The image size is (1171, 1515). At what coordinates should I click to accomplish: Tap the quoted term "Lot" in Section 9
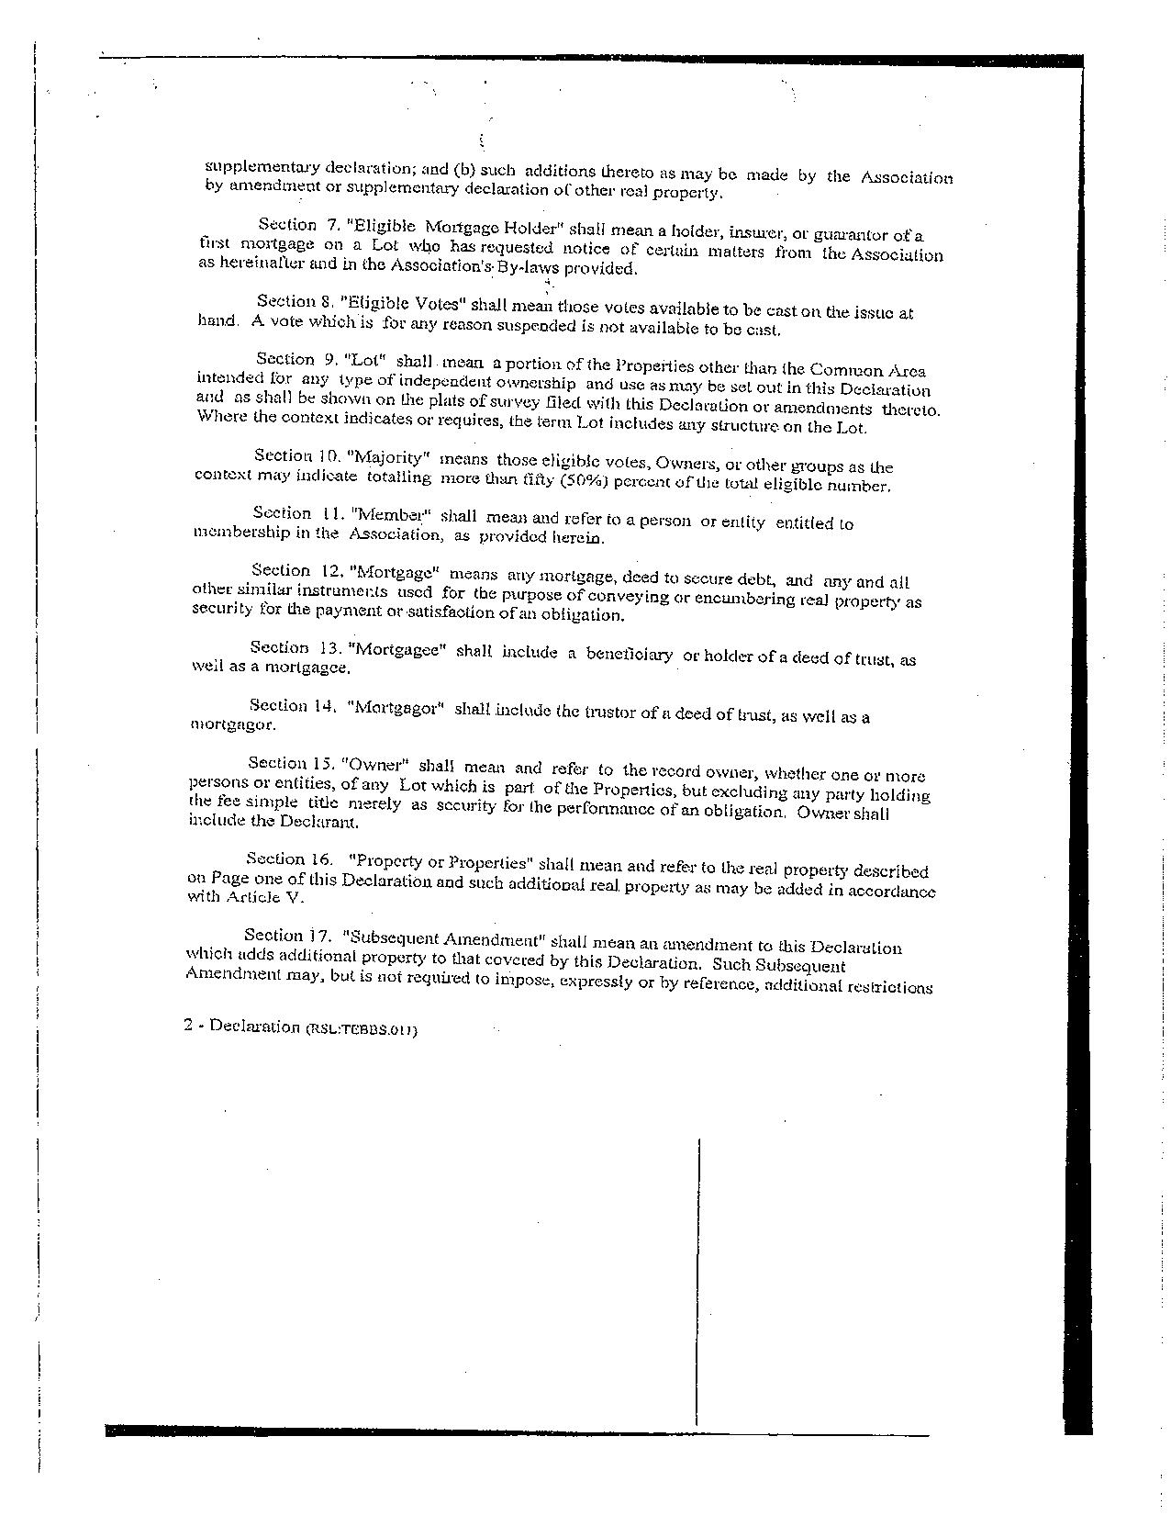(363, 361)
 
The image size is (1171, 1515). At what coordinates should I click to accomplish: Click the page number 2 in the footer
(188, 1027)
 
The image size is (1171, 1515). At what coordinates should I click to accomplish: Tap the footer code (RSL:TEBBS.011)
(362, 1029)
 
